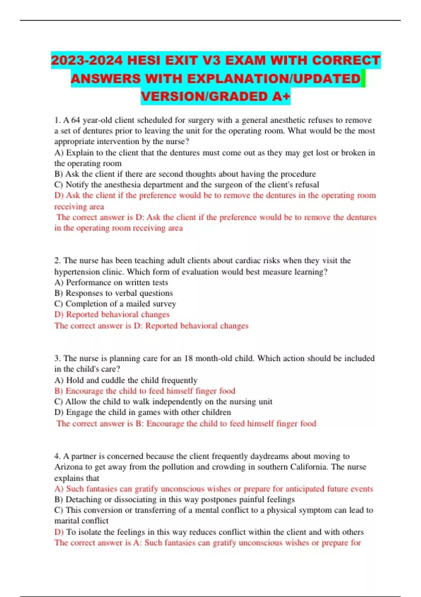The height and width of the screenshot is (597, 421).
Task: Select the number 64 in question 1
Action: point(76,120)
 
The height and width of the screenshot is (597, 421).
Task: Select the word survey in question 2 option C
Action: point(164,304)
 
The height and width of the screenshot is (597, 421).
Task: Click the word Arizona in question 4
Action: point(68,467)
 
